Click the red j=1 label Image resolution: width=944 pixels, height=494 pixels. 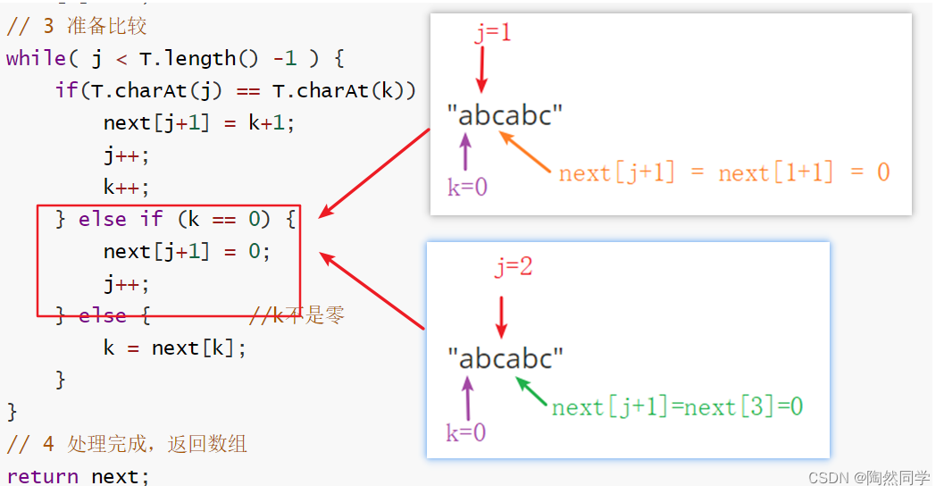click(x=493, y=34)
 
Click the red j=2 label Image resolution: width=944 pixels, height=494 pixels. click(x=514, y=266)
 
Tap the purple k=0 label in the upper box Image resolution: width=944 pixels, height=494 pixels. click(x=467, y=187)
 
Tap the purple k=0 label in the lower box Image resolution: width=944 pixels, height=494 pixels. click(x=466, y=432)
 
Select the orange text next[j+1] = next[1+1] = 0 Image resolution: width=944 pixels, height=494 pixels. click(x=724, y=172)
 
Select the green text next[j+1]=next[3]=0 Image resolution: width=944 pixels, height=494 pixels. click(x=677, y=407)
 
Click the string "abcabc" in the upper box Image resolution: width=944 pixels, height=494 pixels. click(x=505, y=115)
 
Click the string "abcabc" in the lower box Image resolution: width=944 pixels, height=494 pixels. click(x=505, y=358)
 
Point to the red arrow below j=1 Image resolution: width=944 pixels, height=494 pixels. click(x=482, y=70)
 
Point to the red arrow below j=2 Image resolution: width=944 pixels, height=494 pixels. click(x=502, y=315)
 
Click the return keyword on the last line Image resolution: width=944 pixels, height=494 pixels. click(x=42, y=476)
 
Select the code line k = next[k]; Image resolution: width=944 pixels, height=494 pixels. click(x=174, y=347)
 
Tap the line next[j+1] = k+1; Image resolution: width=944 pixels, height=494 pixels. click(x=198, y=122)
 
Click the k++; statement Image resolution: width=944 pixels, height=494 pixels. click(x=126, y=187)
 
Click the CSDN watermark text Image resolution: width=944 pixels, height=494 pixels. click(x=868, y=478)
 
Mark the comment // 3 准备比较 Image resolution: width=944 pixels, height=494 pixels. click(x=76, y=26)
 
